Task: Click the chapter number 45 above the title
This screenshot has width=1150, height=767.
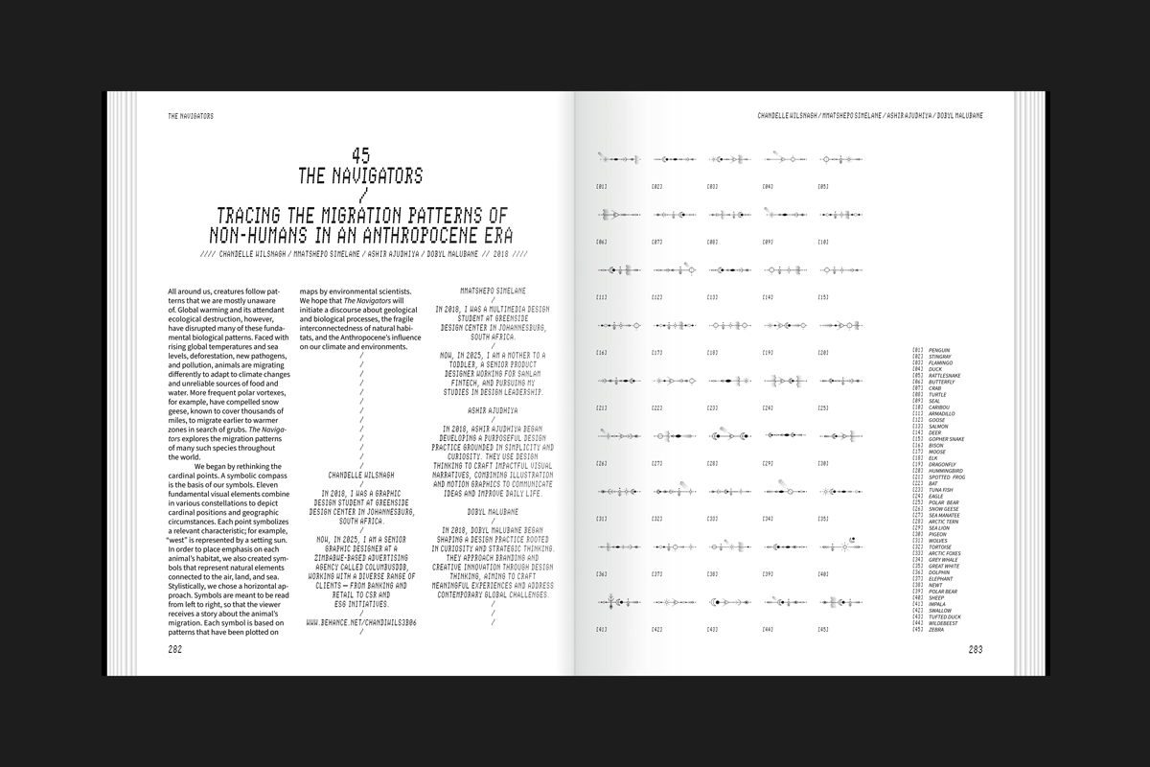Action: point(360,154)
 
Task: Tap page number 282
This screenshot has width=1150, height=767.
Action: point(175,649)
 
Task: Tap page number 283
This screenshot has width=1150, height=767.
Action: point(976,649)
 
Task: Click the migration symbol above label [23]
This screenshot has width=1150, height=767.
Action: point(725,381)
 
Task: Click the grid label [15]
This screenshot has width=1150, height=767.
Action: point(823,297)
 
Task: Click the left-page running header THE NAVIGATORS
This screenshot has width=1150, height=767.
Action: point(190,116)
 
